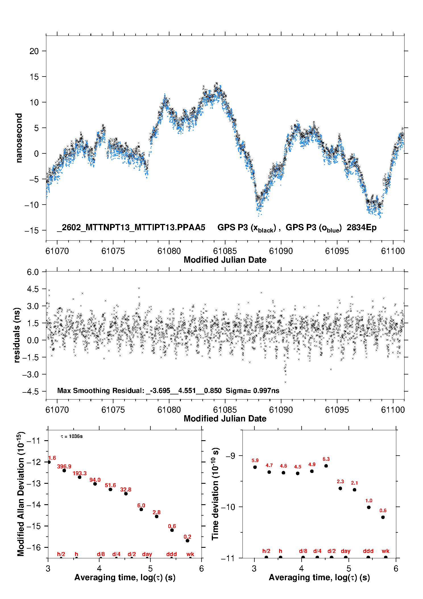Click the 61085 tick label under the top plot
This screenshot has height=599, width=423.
[x=225, y=251]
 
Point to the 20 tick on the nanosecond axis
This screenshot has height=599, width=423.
[x=34, y=51]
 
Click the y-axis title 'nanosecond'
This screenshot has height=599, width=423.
[x=19, y=138]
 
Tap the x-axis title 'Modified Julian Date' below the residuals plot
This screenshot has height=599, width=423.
[x=225, y=419]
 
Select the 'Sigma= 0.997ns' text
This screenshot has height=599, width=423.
[x=252, y=391]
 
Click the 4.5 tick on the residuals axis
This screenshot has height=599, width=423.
[x=33, y=289]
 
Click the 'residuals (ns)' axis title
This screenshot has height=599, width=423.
[x=17, y=335]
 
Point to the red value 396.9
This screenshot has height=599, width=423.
[x=64, y=466]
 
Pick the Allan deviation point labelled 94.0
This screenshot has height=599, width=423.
[x=95, y=484]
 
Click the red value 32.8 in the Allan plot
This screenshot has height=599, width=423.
[x=126, y=489]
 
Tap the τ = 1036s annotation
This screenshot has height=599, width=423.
[x=72, y=437]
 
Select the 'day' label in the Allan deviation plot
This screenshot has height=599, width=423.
[x=147, y=554]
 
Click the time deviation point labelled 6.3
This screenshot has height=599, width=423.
[x=326, y=466]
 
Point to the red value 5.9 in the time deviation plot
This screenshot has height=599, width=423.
[x=255, y=460]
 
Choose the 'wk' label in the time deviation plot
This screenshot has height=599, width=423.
[x=385, y=551]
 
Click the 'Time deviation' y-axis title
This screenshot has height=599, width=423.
[x=215, y=494]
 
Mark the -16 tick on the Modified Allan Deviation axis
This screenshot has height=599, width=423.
[x=34, y=547]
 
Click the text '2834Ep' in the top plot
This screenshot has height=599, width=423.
[x=361, y=228]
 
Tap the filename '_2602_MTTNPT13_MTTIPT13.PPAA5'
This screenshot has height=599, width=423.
[x=131, y=228]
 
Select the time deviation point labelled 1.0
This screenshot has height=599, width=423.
[x=369, y=507]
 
